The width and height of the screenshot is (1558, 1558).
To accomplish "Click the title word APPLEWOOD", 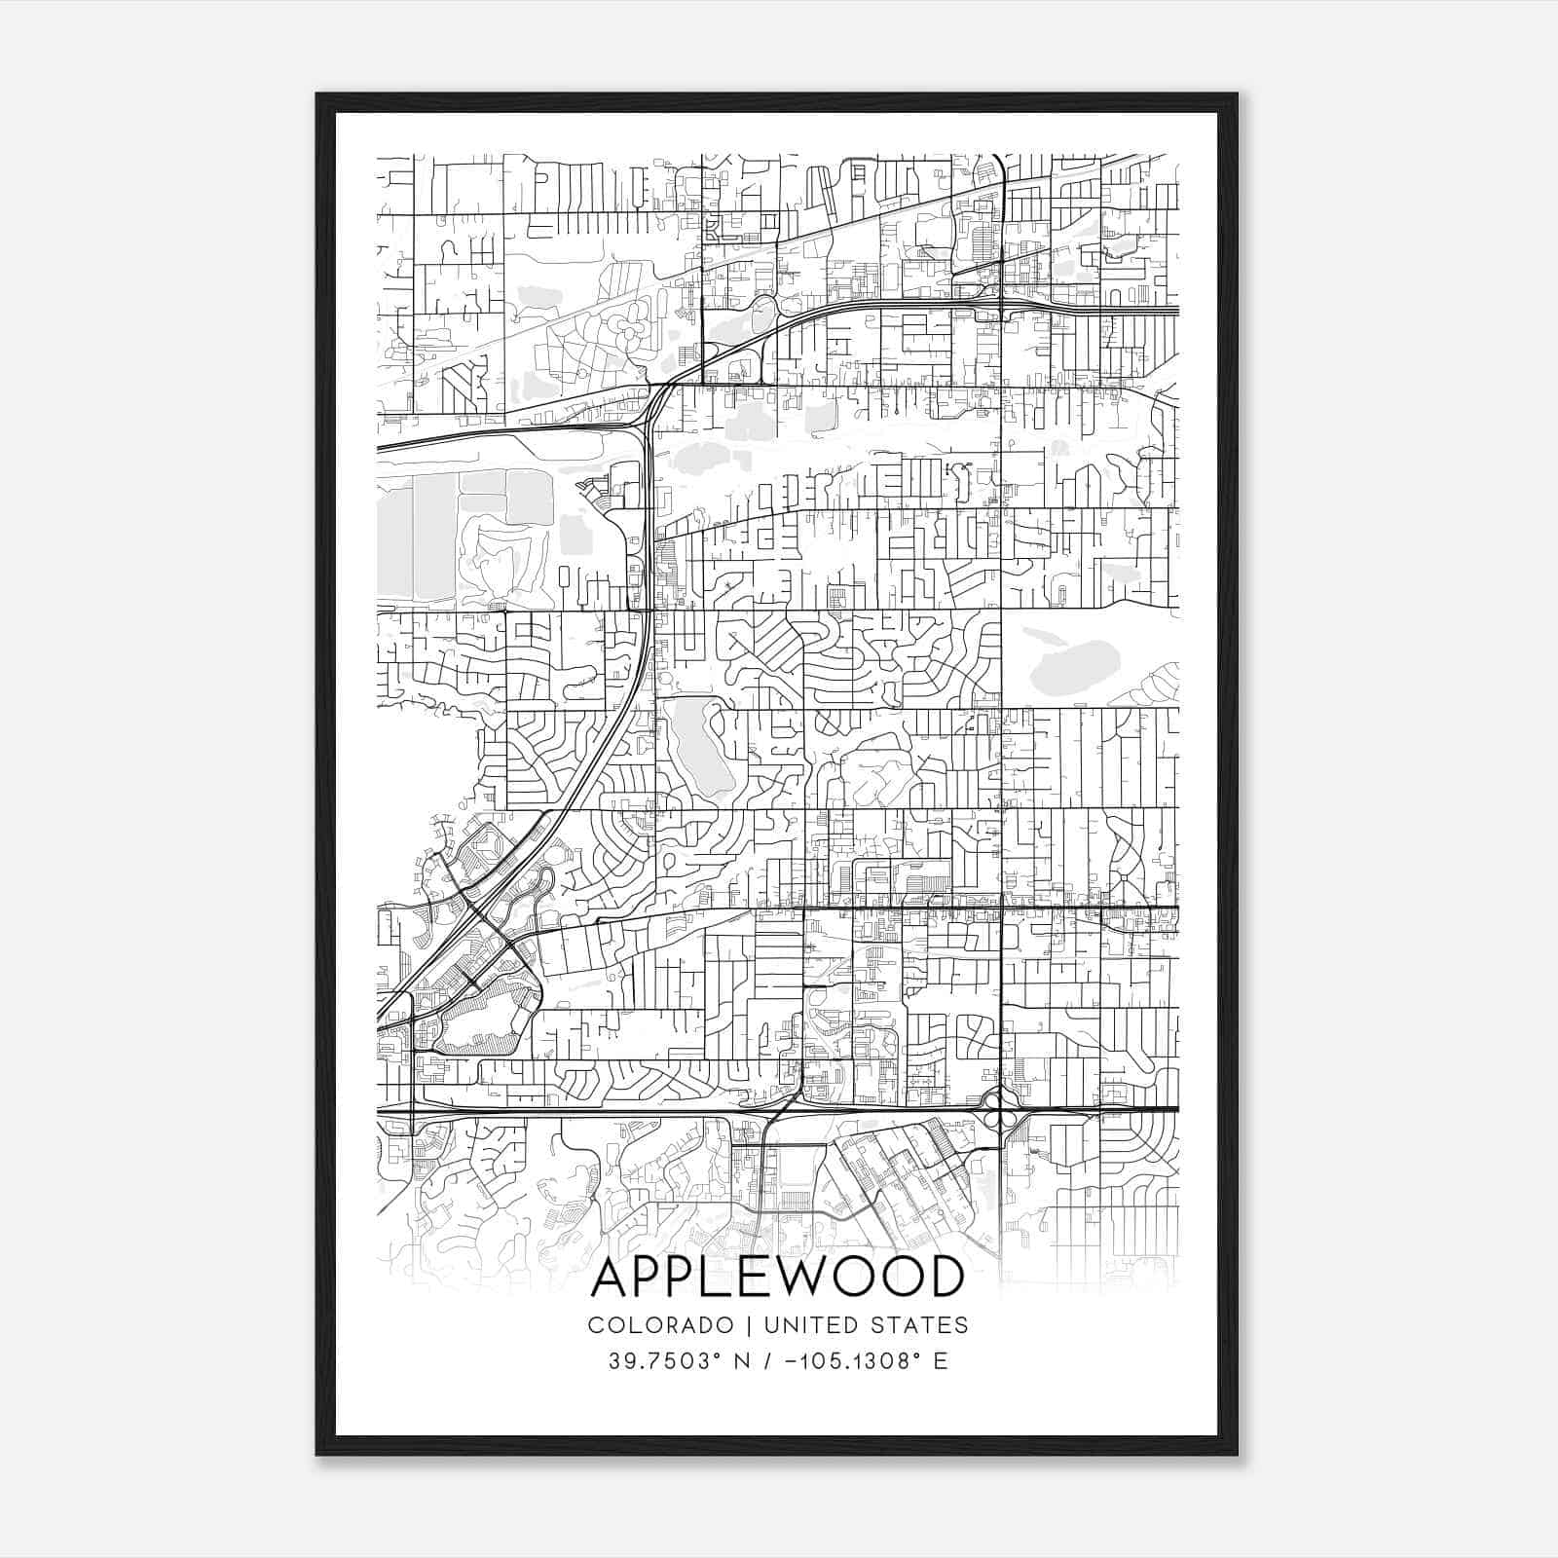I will click(x=777, y=1278).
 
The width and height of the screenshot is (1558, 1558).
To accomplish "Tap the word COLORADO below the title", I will click(x=660, y=1325).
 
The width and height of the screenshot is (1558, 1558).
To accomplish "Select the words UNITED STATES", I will click(x=866, y=1325).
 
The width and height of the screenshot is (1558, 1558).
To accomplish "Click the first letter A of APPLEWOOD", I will click(x=611, y=1278).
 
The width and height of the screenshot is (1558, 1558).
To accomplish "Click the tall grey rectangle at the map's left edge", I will click(x=394, y=540).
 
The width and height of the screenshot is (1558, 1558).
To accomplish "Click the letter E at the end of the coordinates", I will click(x=940, y=1361).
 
